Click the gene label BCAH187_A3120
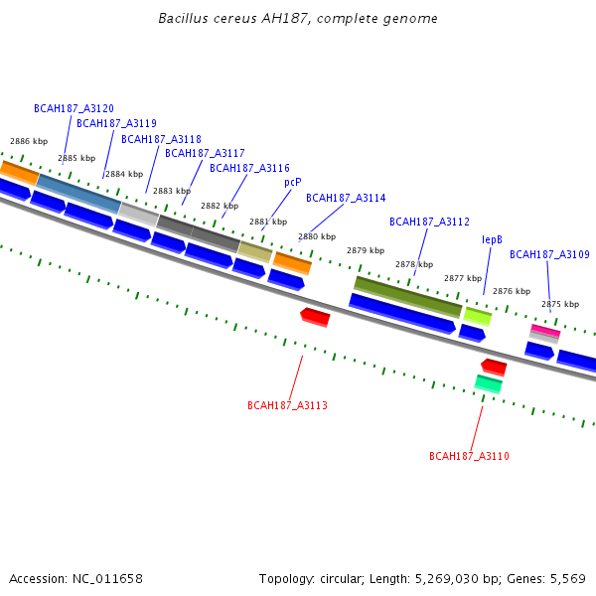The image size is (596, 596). (x=74, y=108)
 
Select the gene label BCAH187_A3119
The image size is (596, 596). (x=116, y=123)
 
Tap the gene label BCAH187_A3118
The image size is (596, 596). (x=161, y=139)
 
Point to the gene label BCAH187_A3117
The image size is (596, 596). (x=205, y=153)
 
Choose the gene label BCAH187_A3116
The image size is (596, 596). (x=249, y=168)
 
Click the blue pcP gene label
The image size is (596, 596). (x=292, y=182)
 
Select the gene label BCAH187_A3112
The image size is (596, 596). (x=429, y=222)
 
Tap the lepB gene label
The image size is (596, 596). (x=492, y=239)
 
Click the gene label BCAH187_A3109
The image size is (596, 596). (x=549, y=254)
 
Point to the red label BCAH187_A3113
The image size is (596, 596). (x=287, y=405)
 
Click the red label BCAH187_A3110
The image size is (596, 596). (x=469, y=456)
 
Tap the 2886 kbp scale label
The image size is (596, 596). (x=28, y=142)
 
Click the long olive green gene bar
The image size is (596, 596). (x=407, y=297)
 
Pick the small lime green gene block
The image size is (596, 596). (x=478, y=316)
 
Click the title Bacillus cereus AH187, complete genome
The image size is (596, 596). (x=298, y=19)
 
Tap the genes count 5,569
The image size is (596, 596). (x=565, y=578)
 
